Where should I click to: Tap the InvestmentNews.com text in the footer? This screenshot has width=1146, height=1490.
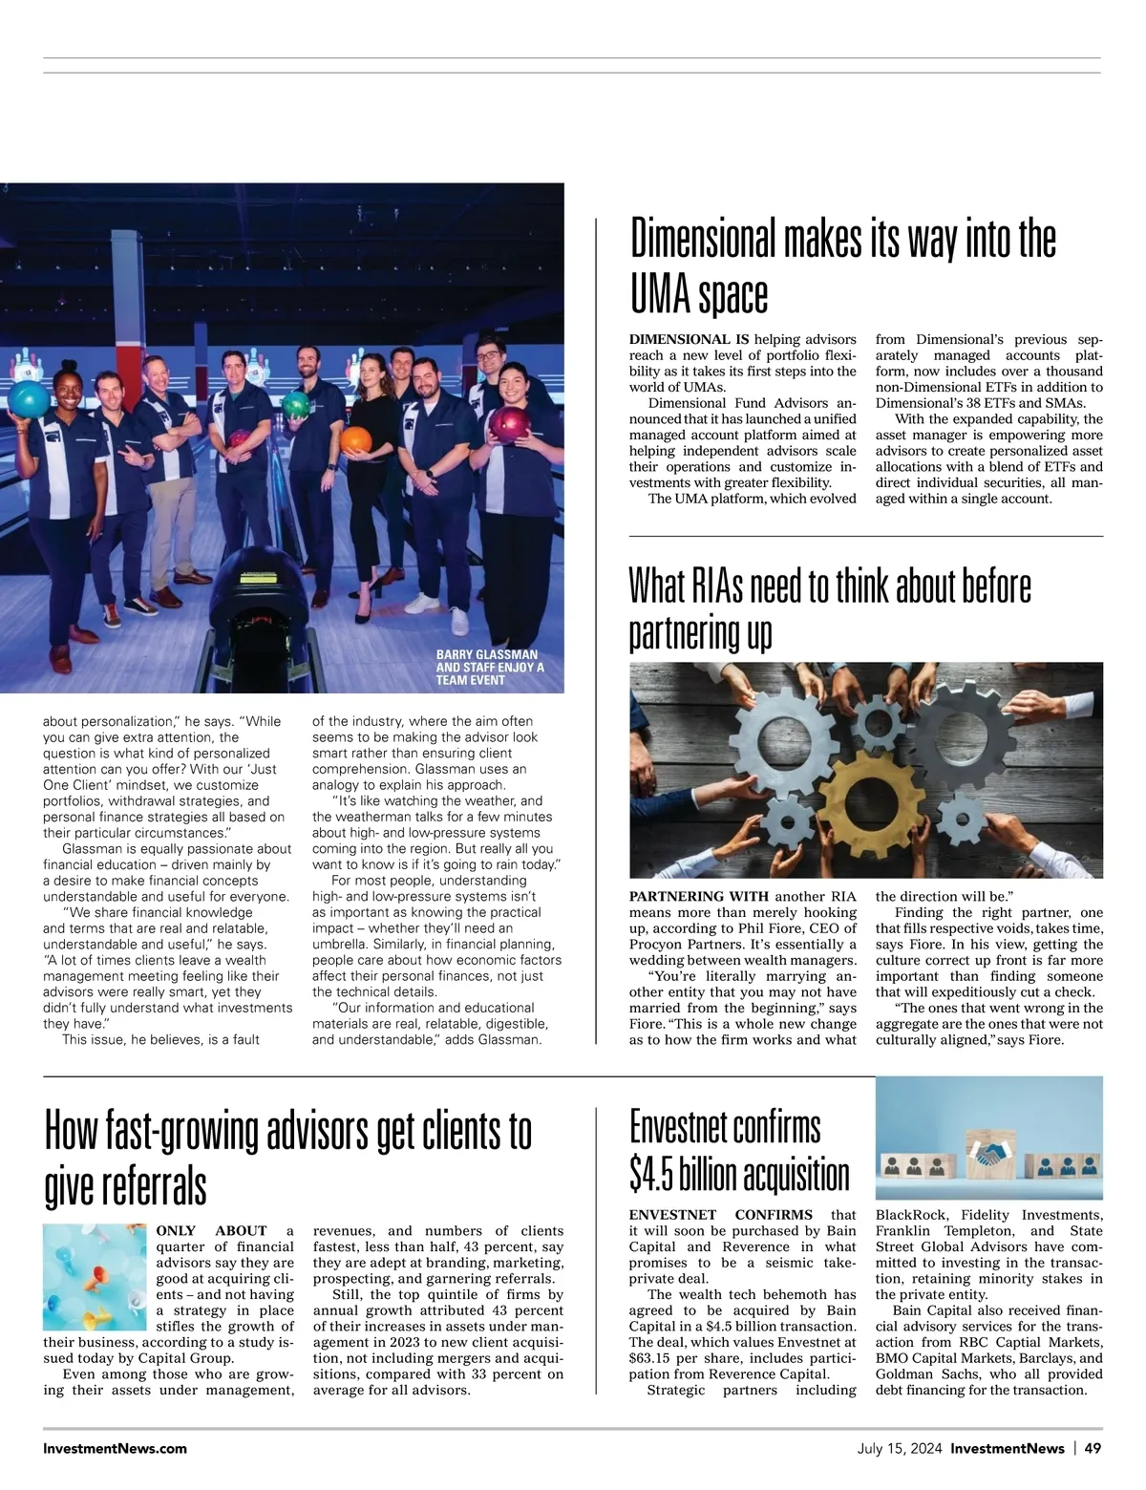(x=115, y=1448)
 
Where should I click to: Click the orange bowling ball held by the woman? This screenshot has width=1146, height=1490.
(x=355, y=440)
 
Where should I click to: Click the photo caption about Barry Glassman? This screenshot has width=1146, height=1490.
(x=490, y=668)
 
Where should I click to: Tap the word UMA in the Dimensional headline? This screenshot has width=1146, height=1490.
(x=659, y=296)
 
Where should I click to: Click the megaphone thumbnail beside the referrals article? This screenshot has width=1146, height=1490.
(x=95, y=1277)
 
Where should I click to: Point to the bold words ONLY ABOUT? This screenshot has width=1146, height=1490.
(x=211, y=1231)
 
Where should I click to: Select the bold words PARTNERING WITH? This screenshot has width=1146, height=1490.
(x=699, y=897)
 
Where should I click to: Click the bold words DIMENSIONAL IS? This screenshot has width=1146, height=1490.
(x=689, y=339)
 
